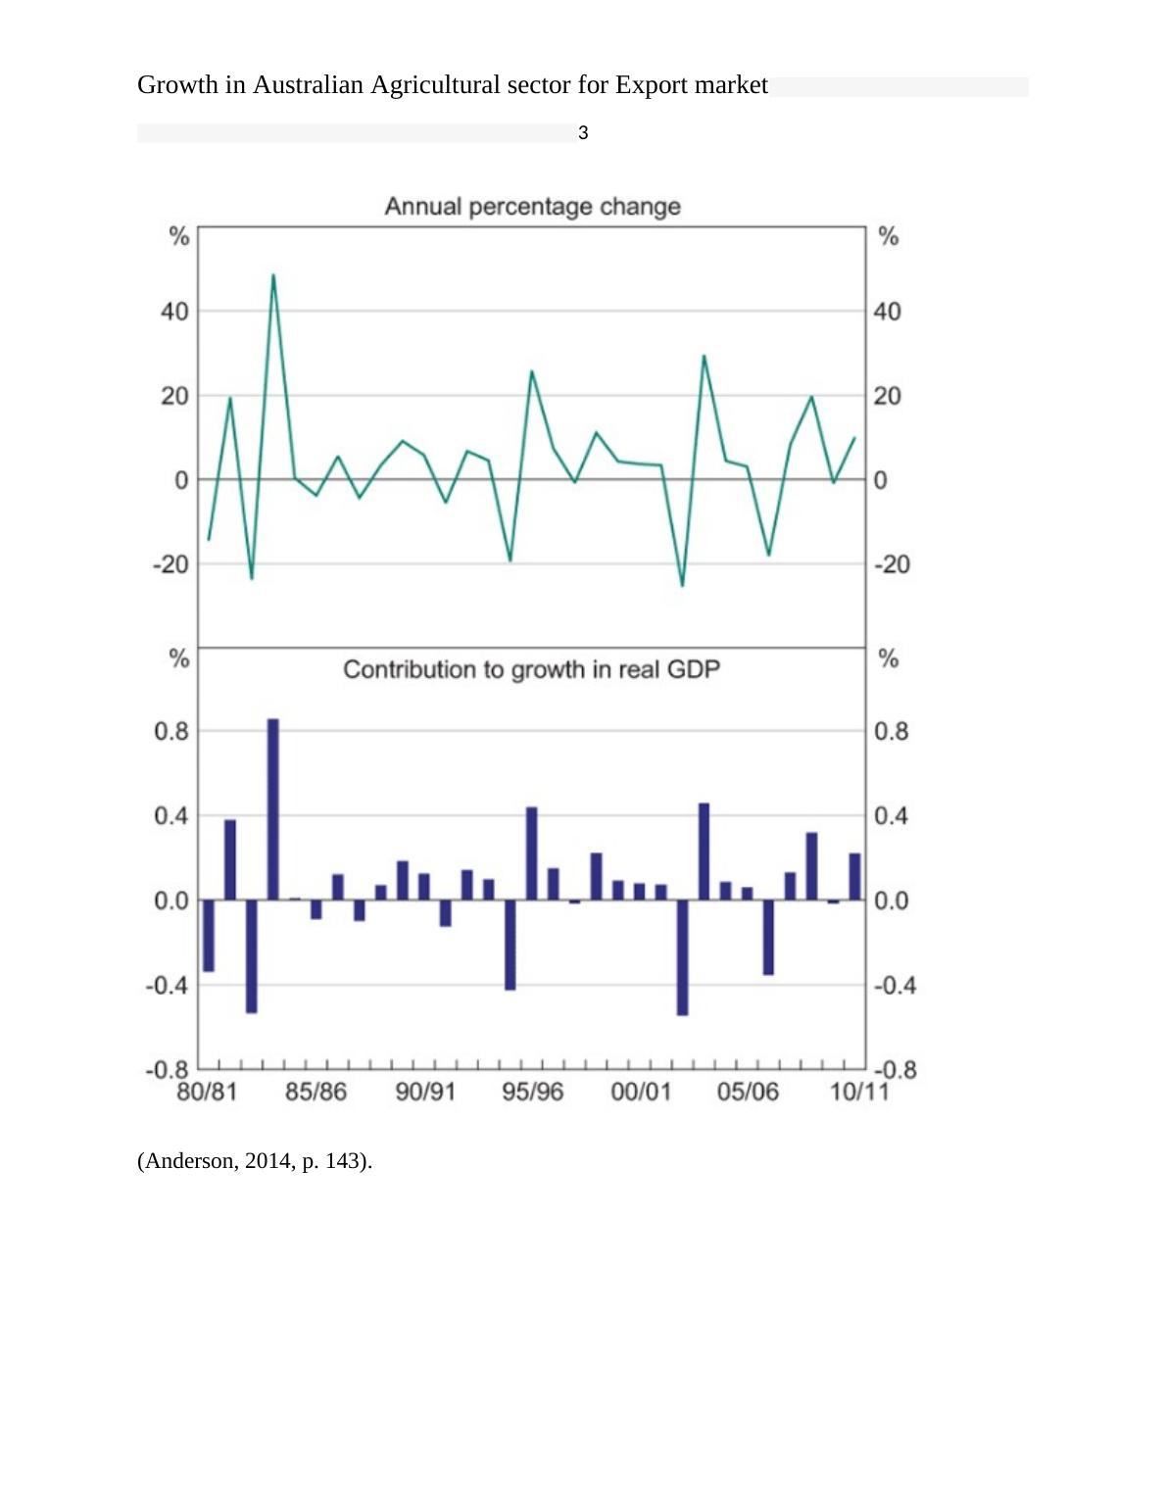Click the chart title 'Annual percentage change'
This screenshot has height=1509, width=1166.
(532, 207)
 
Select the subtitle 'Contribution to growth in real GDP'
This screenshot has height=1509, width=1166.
(531, 669)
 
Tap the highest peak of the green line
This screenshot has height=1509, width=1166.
(273, 275)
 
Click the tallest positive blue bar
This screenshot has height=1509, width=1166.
(273, 808)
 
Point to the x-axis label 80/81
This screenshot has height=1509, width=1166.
(207, 1092)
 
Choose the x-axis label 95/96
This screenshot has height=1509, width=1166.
(533, 1092)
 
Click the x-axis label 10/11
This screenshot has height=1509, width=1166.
(859, 1092)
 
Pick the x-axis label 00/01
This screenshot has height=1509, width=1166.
(641, 1092)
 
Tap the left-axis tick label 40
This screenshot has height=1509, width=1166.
(174, 312)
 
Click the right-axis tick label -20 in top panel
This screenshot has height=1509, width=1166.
(892, 564)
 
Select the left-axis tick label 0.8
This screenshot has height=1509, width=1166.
(170, 731)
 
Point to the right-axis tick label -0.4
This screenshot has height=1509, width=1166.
(895, 985)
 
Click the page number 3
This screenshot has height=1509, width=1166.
(583, 133)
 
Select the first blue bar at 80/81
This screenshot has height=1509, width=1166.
(209, 935)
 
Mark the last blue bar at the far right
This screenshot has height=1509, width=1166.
(854, 876)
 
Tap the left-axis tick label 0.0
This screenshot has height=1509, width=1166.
(170, 901)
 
